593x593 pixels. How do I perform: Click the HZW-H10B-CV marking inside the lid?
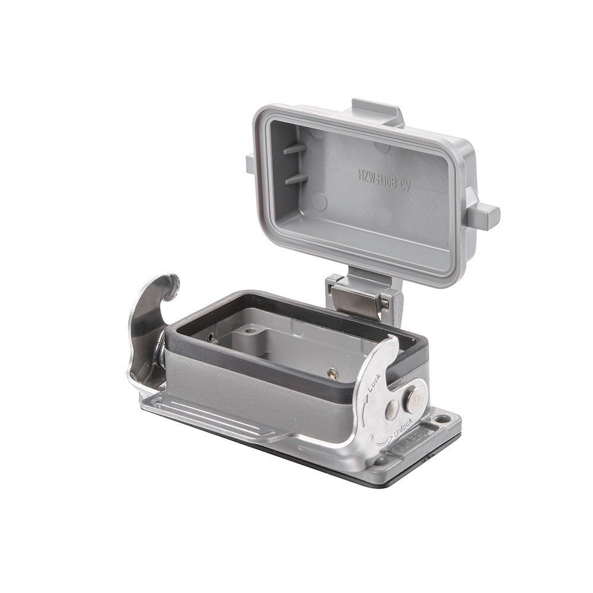click(384, 177)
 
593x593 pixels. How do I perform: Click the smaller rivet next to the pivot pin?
click(392, 409)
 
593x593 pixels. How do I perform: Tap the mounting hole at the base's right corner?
click(444, 419)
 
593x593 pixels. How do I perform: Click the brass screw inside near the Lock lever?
click(333, 374)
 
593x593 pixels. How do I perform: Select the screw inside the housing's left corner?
click(212, 337)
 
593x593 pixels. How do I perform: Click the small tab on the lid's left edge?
click(250, 163)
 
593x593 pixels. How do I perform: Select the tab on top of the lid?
click(376, 110)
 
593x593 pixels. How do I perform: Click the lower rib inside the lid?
click(296, 178)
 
